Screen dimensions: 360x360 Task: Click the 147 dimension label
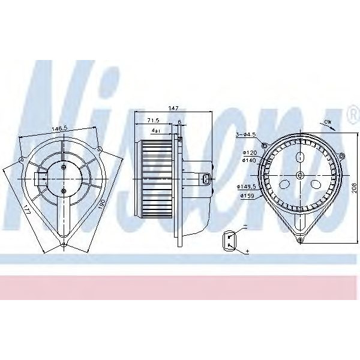click(x=173, y=108)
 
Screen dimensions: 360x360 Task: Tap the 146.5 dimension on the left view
click(x=58, y=128)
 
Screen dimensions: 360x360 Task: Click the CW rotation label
click(x=328, y=122)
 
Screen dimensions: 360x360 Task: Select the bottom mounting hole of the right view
click(x=302, y=241)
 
